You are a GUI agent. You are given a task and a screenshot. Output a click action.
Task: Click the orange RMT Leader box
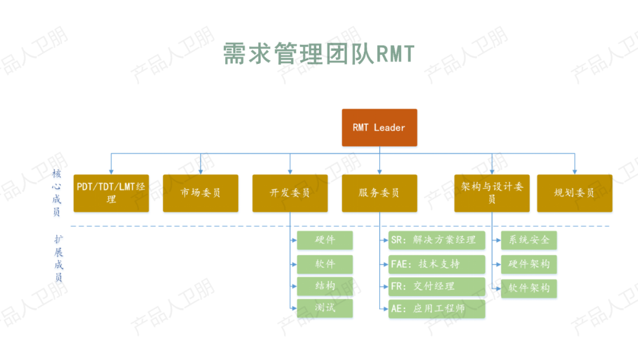click(x=379, y=127)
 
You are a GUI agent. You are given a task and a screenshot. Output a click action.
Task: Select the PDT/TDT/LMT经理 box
click(x=111, y=193)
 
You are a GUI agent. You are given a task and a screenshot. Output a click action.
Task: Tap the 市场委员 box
click(x=200, y=193)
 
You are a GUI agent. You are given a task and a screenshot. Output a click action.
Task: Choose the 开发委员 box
click(x=290, y=193)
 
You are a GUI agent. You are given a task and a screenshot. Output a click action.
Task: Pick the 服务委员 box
click(x=379, y=193)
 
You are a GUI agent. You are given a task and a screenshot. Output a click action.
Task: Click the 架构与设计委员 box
click(x=492, y=193)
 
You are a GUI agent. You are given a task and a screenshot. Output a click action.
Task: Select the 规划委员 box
click(x=574, y=193)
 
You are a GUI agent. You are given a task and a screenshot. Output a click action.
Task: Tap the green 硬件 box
click(x=324, y=240)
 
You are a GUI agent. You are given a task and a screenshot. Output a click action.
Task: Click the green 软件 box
click(x=324, y=263)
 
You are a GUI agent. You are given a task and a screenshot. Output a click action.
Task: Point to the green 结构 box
click(x=324, y=286)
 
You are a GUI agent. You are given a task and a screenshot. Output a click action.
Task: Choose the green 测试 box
click(x=324, y=308)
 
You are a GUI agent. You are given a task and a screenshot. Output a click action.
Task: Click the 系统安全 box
click(x=529, y=240)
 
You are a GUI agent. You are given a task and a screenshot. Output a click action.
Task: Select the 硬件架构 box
click(x=529, y=264)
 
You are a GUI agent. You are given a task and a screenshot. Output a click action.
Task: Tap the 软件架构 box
click(x=529, y=288)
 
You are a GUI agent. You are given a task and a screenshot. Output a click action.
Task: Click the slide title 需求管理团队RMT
click(x=319, y=54)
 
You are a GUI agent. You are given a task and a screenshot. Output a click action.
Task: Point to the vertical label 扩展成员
click(x=58, y=258)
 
